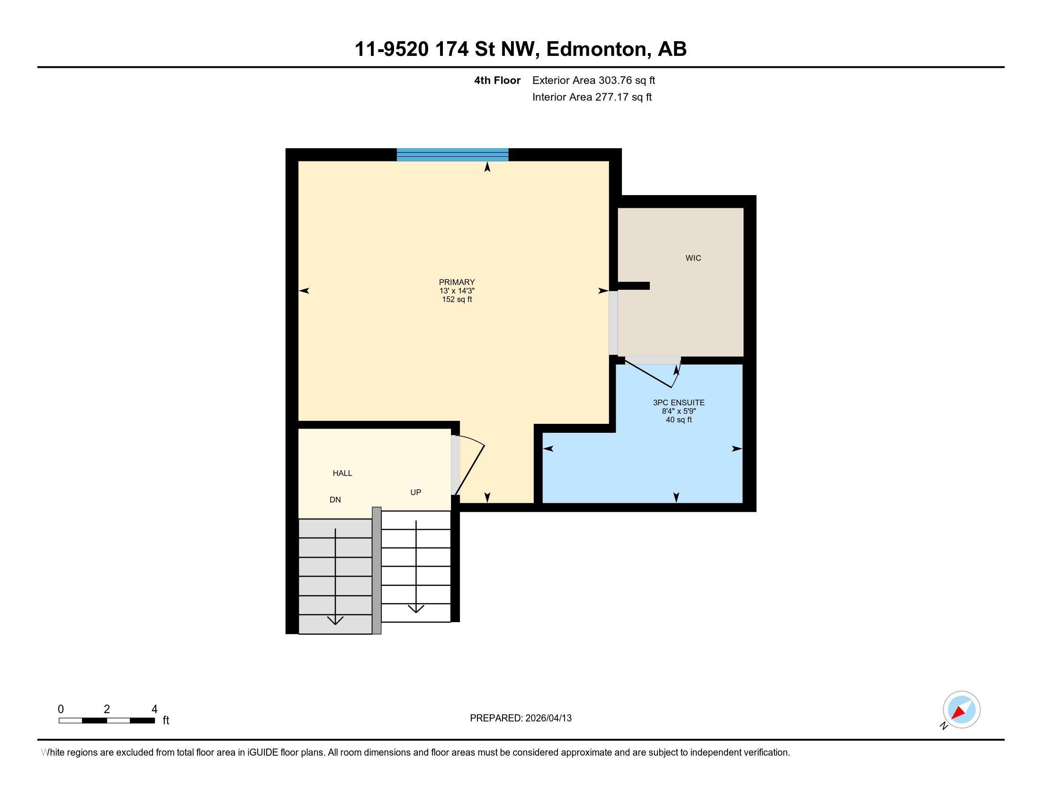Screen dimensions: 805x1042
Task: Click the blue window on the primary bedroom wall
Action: [452, 155]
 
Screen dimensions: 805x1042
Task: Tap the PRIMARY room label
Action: [457, 282]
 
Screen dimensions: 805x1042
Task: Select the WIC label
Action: [693, 258]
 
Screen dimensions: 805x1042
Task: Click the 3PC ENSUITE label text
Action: [678, 402]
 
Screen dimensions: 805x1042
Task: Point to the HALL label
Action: [342, 473]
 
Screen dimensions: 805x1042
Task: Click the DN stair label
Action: [335, 500]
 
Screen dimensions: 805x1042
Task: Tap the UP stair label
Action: [415, 492]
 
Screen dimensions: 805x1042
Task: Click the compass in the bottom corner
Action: [961, 710]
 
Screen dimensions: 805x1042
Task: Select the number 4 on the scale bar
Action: [154, 709]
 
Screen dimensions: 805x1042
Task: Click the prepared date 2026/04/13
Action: [548, 718]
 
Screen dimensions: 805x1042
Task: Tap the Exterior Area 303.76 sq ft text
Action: [593, 80]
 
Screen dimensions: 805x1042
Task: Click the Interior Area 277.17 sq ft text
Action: [592, 97]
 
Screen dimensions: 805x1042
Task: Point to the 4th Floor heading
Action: [497, 80]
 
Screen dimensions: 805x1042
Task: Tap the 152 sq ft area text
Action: [457, 299]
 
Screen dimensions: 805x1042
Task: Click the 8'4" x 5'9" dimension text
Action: [678, 411]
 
